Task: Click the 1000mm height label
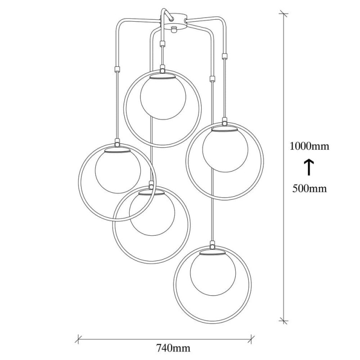(309, 146)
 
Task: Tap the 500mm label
(309, 189)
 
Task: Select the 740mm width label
(173, 348)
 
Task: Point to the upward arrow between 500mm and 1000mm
(309, 167)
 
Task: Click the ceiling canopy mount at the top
(173, 20)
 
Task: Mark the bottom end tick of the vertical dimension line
(283, 320)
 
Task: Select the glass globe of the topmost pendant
(162, 98)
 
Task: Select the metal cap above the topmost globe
(162, 77)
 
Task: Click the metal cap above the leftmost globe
(117, 151)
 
